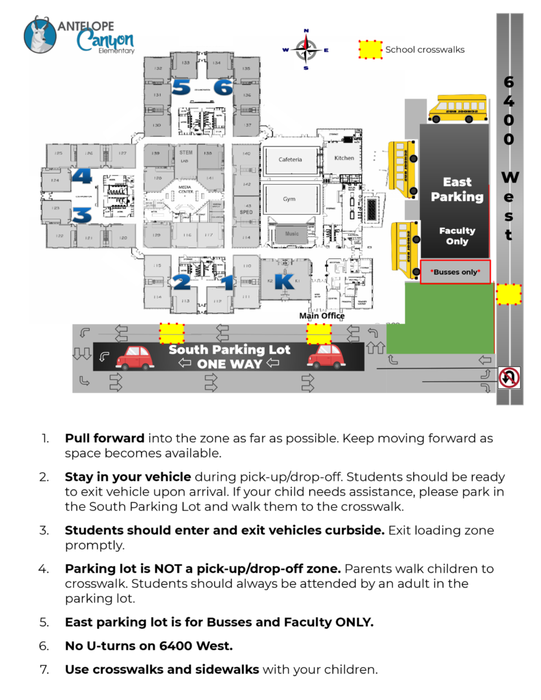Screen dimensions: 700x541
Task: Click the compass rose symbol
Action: click(x=306, y=49)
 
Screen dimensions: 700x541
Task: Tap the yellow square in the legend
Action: click(x=370, y=49)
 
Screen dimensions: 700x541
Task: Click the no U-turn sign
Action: click(x=509, y=377)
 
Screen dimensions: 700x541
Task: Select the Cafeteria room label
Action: click(x=290, y=160)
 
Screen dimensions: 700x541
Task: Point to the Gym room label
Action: click(x=289, y=199)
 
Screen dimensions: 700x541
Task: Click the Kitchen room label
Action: click(x=344, y=158)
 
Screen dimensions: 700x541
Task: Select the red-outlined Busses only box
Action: click(x=455, y=271)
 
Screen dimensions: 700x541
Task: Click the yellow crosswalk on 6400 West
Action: click(x=508, y=294)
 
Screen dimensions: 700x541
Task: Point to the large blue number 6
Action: click(x=222, y=87)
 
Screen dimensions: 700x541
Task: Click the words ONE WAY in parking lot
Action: click(x=230, y=364)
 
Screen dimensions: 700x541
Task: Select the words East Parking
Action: click(x=457, y=189)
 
